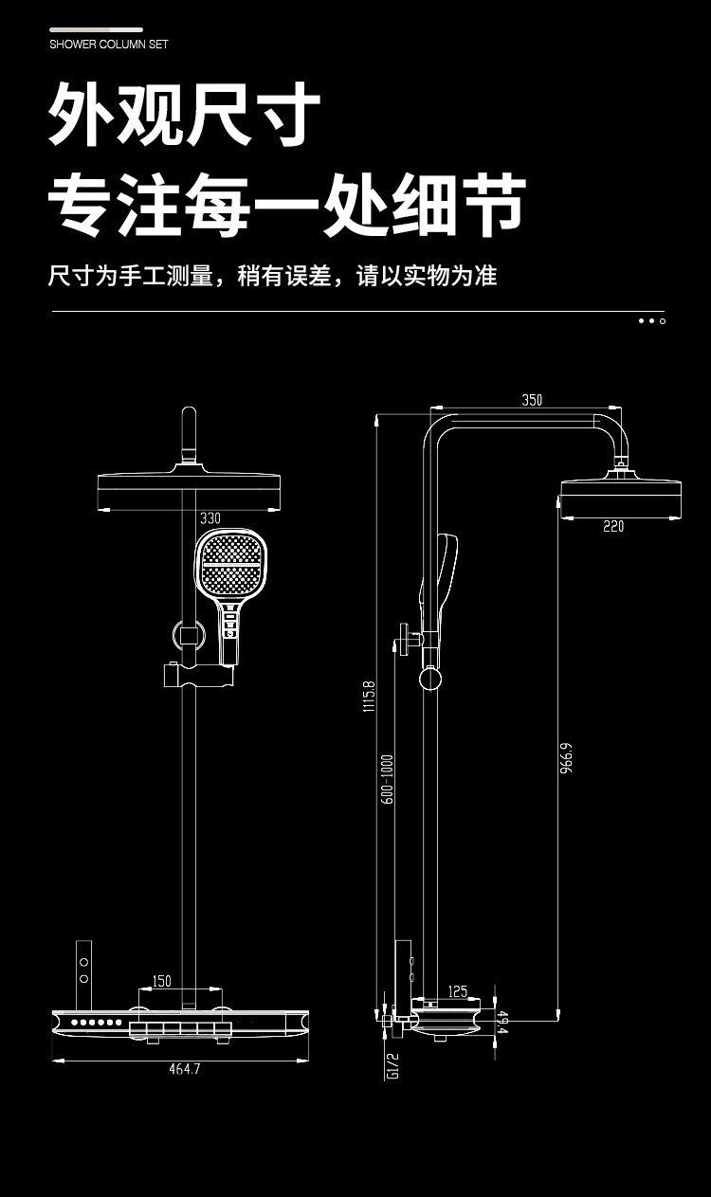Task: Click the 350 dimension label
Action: pos(532,400)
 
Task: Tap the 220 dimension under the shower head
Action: pos(613,527)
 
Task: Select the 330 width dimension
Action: pos(210,518)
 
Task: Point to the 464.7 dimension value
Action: pos(185,1069)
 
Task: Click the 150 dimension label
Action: pos(161,981)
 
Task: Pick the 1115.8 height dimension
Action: pos(369,697)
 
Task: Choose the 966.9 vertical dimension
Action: pos(566,758)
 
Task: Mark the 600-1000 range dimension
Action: pos(387,780)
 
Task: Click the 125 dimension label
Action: pos(458,991)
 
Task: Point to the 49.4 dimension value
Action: pos(502,1024)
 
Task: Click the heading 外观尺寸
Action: pos(185,114)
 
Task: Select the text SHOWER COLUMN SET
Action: pos(109,44)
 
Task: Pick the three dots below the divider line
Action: pos(651,321)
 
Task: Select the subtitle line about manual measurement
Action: pos(272,276)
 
